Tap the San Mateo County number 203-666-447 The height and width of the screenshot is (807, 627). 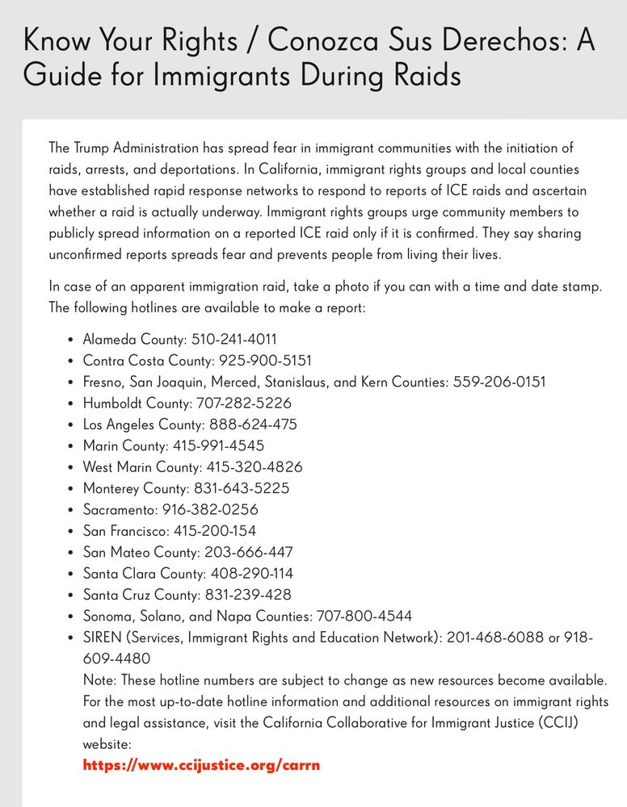(247, 552)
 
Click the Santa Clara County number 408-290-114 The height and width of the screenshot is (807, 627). (252, 574)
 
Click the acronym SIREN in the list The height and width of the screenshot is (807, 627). (102, 638)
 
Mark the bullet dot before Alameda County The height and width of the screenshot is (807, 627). (71, 341)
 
